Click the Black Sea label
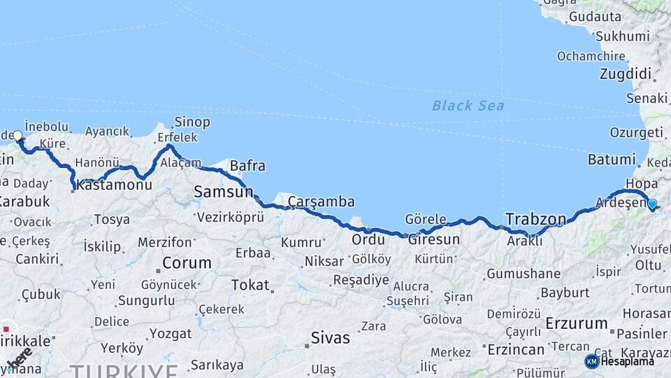click(468, 106)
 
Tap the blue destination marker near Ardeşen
click(651, 204)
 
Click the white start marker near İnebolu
click(17, 136)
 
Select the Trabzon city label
click(535, 219)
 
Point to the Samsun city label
click(223, 192)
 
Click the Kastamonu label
click(114, 185)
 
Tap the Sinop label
click(192, 122)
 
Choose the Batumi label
click(611, 160)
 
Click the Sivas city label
click(330, 338)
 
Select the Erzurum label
click(576, 323)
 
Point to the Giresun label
click(434, 239)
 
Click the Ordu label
click(368, 239)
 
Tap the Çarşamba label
click(321, 202)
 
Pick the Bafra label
click(247, 166)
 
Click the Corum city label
click(187, 263)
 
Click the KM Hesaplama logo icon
click(591, 361)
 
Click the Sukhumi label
click(622, 36)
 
